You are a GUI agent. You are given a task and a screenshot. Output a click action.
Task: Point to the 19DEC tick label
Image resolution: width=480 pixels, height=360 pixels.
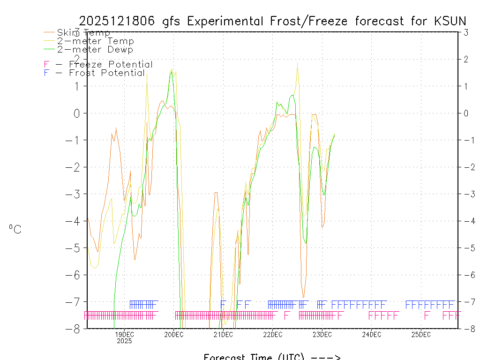coord(124,334)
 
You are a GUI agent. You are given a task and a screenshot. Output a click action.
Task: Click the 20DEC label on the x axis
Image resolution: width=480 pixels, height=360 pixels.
coord(174,334)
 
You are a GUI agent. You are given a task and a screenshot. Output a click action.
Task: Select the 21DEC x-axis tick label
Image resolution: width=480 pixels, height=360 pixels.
coord(223,334)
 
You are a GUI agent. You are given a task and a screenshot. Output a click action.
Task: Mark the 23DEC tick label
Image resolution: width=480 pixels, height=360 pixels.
coord(322,334)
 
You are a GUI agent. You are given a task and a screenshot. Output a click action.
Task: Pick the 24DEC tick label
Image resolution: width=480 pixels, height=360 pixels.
coord(371,334)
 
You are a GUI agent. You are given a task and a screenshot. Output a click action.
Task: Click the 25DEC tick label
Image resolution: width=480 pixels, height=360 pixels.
coord(421,334)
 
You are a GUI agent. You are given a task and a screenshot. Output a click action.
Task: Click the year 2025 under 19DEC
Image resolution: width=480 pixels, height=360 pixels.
coord(124,341)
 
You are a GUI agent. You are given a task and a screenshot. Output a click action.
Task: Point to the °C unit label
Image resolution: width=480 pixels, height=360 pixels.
coord(15,230)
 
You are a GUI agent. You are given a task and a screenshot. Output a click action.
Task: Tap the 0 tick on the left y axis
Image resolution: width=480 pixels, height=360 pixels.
coord(77,113)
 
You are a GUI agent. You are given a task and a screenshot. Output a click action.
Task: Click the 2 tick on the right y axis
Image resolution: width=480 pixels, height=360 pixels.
coord(466,59)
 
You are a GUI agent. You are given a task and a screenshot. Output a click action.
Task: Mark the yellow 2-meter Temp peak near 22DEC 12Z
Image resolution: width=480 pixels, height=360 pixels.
coord(297,63)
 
